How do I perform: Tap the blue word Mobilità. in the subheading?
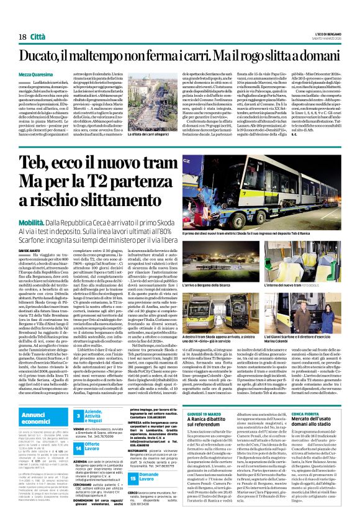point(50,220)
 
